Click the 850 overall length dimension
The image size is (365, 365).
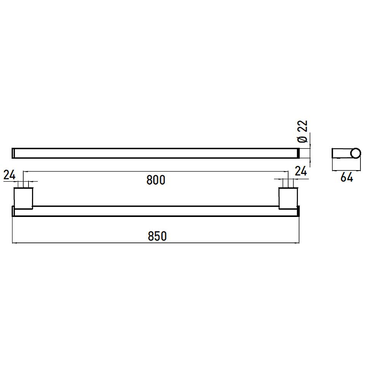pyautogui.click(x=157, y=236)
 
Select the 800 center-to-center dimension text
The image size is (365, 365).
pyautogui.click(x=156, y=180)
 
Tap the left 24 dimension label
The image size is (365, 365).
pyautogui.click(x=9, y=175)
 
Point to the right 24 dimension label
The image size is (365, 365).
pyautogui.click(x=301, y=171)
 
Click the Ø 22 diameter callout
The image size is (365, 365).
pyautogui.click(x=303, y=131)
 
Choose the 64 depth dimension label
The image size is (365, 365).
pyautogui.click(x=347, y=177)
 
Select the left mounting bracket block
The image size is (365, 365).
pyautogui.click(x=23, y=198)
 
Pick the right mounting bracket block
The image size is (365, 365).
pyautogui.click(x=288, y=198)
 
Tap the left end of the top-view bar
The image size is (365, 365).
pyautogui.click(x=13, y=153)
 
